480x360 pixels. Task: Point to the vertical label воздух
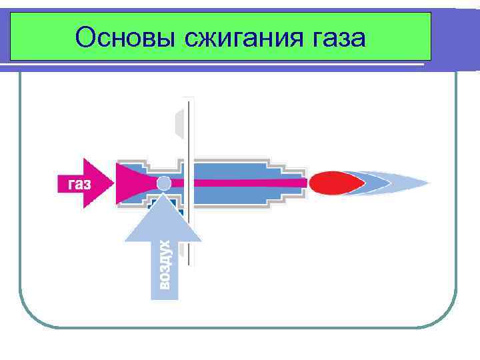pos(165,265)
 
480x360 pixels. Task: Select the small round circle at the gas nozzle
pos(164,183)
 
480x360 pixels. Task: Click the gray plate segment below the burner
pos(181,250)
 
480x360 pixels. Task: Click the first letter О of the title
pos(86,37)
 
